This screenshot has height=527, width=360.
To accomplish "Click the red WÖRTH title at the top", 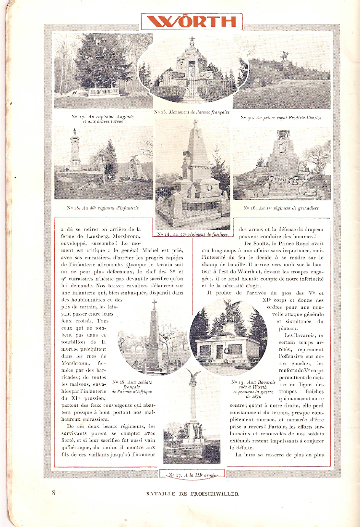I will coord(191,21).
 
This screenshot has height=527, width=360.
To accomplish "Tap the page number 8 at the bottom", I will coord(54,492).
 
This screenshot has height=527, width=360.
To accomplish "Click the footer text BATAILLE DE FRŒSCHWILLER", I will coord(192,493).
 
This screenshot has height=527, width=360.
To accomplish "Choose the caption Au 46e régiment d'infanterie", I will coord(105,208).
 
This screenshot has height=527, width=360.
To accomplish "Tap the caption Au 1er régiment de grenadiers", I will coord(281,208).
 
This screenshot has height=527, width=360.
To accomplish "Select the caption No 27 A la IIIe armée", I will coord(192,475).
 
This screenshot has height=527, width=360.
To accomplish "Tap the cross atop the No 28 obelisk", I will coord(154,304).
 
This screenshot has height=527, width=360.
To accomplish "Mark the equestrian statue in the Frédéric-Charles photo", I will coord(285,56).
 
